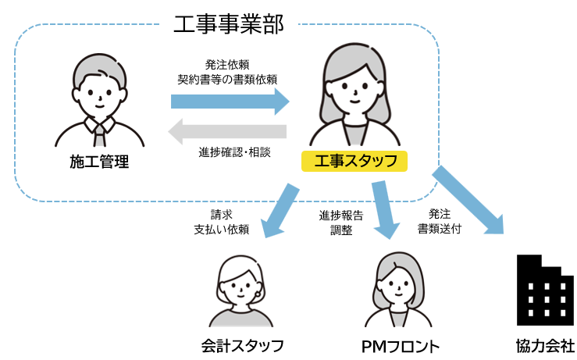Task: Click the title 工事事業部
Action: pyautogui.click(x=227, y=23)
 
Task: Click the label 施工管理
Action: pyautogui.click(x=98, y=162)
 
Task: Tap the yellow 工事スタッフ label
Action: pyautogui.click(x=354, y=162)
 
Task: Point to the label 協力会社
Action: pyautogui.click(x=545, y=345)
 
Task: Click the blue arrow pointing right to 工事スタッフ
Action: pyautogui.click(x=230, y=101)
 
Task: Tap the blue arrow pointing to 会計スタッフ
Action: pyautogui.click(x=280, y=210)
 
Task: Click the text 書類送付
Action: pyautogui.click(x=439, y=229)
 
